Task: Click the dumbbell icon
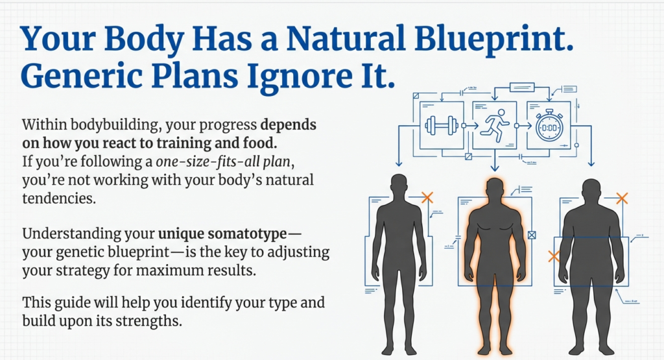[x=441, y=125]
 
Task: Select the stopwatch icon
[x=548, y=125]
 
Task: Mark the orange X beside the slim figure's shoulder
[x=427, y=197]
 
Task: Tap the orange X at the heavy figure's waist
[x=554, y=256]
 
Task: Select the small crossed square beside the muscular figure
[x=532, y=235]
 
